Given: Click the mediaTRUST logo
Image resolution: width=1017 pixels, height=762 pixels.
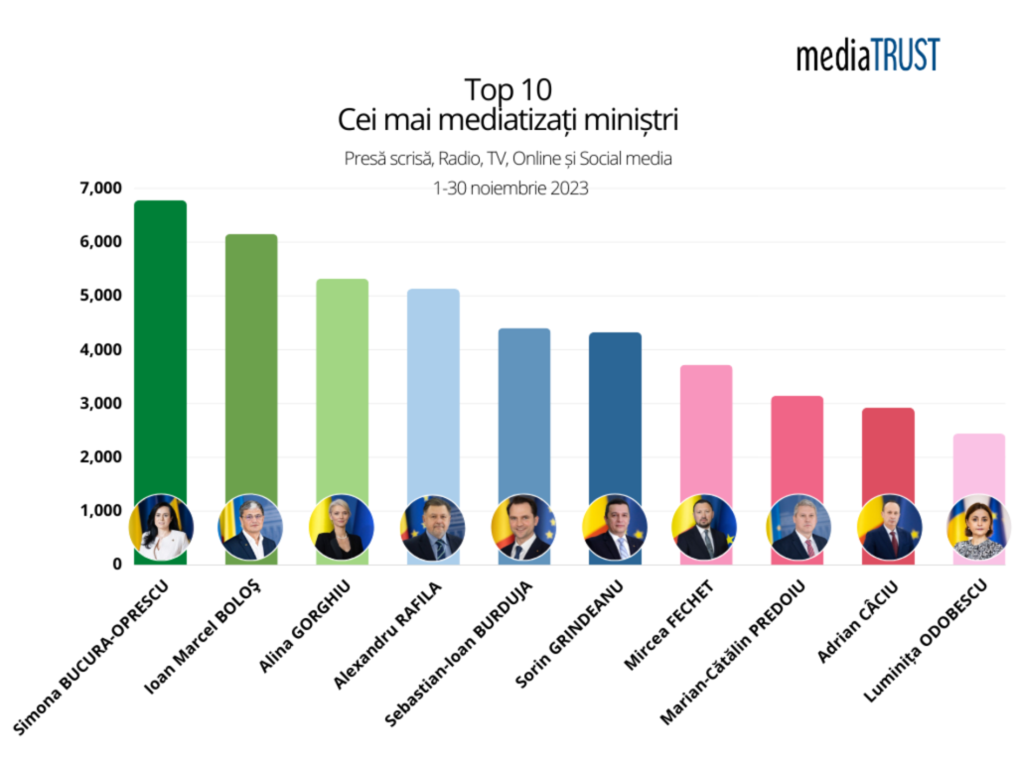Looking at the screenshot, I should point(867,56).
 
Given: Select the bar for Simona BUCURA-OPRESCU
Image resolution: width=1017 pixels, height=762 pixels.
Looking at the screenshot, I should point(160,347).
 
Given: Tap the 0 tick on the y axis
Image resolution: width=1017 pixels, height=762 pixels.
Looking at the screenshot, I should point(116,565).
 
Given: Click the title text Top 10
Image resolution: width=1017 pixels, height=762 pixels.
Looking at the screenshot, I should point(508,90).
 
